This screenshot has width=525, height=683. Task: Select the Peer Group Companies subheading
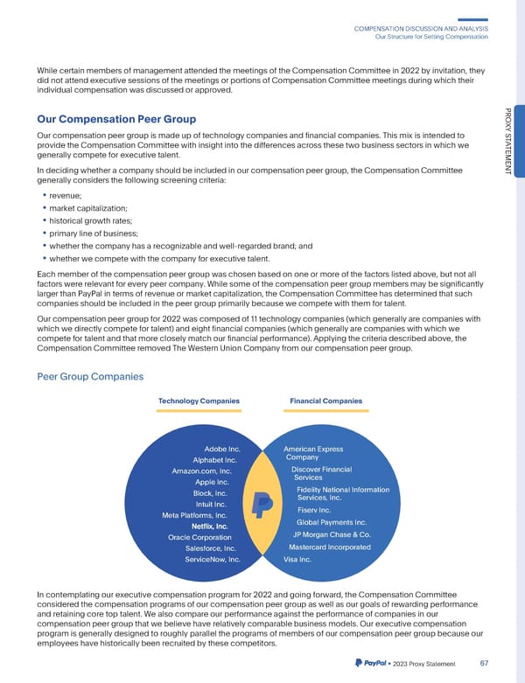[x=88, y=376]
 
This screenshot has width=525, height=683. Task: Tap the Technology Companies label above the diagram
[x=199, y=401]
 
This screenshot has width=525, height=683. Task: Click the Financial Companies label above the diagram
[x=325, y=401]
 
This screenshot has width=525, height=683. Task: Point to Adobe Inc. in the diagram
[x=221, y=450]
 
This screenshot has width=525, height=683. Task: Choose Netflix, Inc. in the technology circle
[x=209, y=526]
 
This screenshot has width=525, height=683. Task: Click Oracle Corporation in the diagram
[x=206, y=537]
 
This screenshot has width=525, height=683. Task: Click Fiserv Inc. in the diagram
[x=313, y=510]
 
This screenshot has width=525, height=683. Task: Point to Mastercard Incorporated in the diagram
[x=329, y=547]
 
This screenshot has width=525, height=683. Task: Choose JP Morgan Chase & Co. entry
[x=332, y=535]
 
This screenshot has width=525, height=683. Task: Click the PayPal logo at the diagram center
[x=261, y=503]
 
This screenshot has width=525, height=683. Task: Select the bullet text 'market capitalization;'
[x=87, y=207]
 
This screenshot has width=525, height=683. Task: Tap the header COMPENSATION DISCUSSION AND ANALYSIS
[x=420, y=28]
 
